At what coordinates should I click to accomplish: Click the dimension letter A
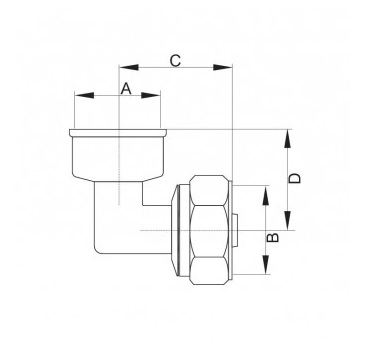click(x=126, y=89)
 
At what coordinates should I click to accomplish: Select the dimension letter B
click(x=273, y=237)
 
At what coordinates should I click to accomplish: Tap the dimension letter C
click(x=175, y=61)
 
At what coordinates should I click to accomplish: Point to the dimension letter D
click(x=294, y=178)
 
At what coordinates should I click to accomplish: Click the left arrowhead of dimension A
click(x=84, y=96)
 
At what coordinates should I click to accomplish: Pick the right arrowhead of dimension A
click(x=151, y=96)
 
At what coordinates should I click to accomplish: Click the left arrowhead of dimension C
click(x=129, y=67)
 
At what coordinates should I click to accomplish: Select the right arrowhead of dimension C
click(x=222, y=67)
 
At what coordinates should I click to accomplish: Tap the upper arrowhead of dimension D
click(x=288, y=139)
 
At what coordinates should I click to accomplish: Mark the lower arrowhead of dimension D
click(x=288, y=221)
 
